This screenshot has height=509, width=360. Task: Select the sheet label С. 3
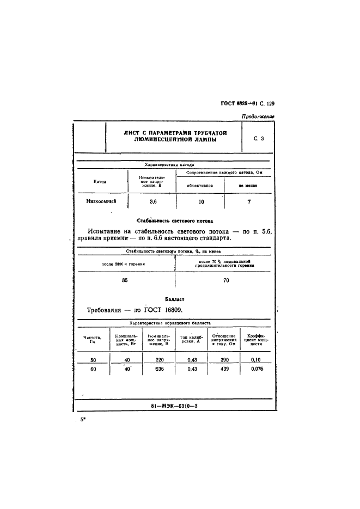tap(259, 139)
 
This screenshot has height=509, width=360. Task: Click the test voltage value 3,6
tap(153, 201)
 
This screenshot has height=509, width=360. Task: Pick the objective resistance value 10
tap(201, 201)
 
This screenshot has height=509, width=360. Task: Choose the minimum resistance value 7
tap(248, 201)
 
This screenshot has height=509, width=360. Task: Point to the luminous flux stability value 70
tap(226, 281)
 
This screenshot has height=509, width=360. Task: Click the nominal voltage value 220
tap(159, 360)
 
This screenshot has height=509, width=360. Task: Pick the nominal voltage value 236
tap(159, 370)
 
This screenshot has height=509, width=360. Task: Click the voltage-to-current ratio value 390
tap(223, 360)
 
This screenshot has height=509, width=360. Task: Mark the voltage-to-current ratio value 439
tap(223, 370)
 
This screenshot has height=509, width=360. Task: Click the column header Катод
tap(100, 181)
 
